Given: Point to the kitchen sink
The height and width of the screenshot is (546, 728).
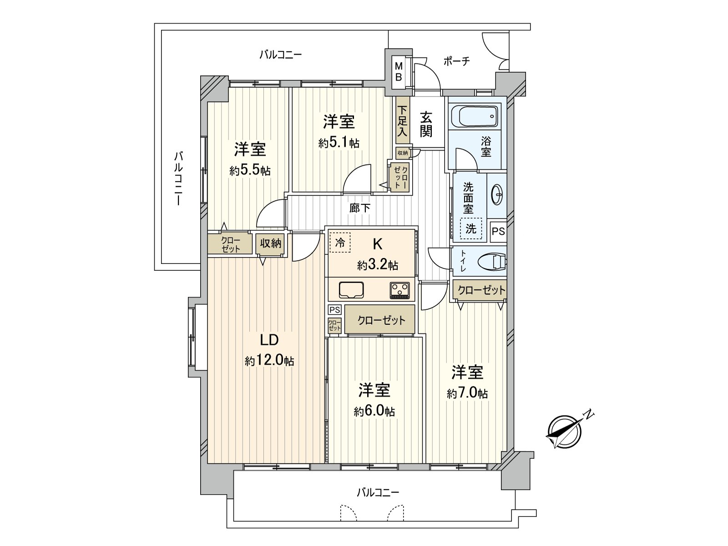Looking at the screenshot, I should pyautogui.click(x=351, y=290).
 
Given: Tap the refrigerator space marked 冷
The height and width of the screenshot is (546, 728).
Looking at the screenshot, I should pyautogui.click(x=340, y=243).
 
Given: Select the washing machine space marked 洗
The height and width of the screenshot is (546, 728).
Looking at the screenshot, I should pyautogui.click(x=470, y=228).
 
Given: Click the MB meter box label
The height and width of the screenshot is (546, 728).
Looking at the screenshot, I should pyautogui.click(x=398, y=72).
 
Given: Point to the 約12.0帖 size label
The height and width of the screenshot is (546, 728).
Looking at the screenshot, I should pyautogui.click(x=269, y=361).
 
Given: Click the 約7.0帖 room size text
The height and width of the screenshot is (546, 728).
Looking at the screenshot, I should pyautogui.click(x=467, y=393).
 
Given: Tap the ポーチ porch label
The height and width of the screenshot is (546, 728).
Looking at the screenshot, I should pyautogui.click(x=456, y=61).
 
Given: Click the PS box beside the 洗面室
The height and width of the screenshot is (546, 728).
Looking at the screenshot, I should pyautogui.click(x=498, y=231).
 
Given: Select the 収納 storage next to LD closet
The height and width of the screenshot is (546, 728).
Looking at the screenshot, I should pyautogui.click(x=271, y=243).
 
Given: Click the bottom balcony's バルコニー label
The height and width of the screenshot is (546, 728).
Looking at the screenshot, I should pyautogui.click(x=378, y=492).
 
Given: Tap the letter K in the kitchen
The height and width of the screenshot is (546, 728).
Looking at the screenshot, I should pyautogui.click(x=377, y=244).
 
